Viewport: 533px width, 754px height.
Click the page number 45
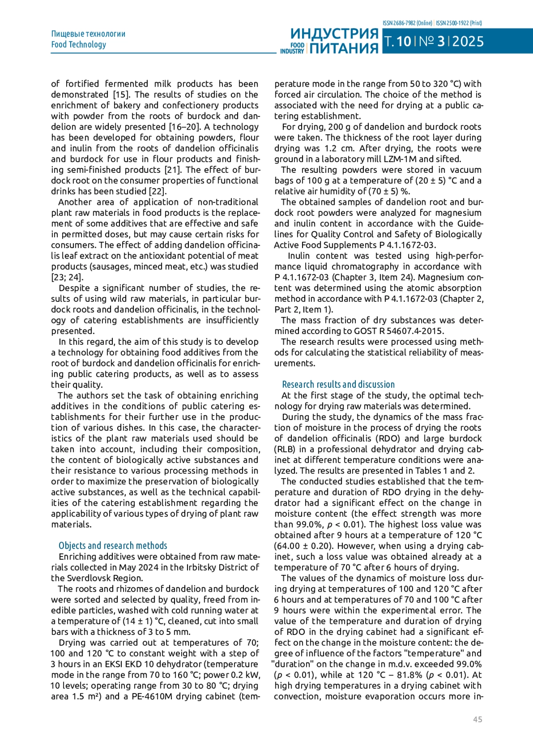477,719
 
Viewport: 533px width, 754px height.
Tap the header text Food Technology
79,44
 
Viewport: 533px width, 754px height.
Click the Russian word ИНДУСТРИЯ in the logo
334,34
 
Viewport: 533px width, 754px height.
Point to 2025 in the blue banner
468,41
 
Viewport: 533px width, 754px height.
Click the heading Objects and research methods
113,546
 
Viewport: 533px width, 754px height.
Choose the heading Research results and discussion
338,384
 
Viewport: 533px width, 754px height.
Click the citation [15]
121,95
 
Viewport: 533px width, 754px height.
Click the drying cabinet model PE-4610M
152,696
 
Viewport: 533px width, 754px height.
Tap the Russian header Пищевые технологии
88,34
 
